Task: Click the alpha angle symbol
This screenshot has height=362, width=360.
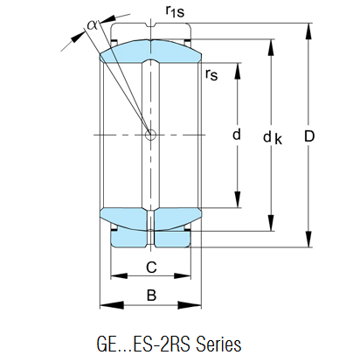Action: (x=93, y=25)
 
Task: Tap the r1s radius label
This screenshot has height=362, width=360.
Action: (x=175, y=11)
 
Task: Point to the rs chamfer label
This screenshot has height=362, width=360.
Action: (x=211, y=74)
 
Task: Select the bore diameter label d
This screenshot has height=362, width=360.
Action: (x=237, y=135)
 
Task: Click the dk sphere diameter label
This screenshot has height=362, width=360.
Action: (x=273, y=137)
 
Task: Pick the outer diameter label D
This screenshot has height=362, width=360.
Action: (x=309, y=136)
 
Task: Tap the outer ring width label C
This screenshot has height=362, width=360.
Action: (x=151, y=267)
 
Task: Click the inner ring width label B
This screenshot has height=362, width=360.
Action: (x=151, y=296)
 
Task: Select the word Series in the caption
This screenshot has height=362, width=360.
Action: (x=218, y=344)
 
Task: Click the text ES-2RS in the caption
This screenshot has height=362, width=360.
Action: (x=162, y=344)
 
